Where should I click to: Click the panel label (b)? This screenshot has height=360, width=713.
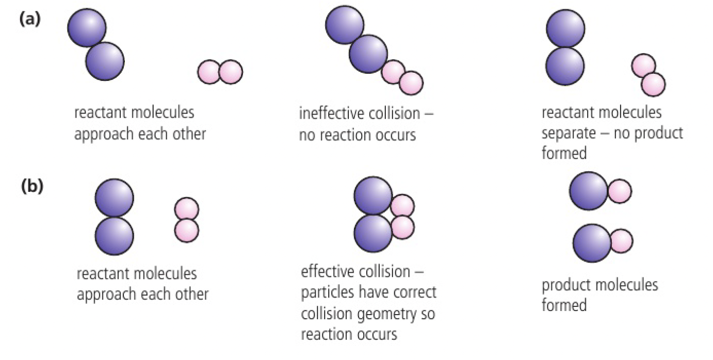pos(33,187)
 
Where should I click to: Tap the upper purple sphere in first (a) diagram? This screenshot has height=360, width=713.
pos(87,27)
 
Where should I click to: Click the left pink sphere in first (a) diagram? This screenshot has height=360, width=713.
pos(209,72)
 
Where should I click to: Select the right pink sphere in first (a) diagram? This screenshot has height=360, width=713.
pos(231,72)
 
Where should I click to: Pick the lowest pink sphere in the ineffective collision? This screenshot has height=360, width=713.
pos(411,83)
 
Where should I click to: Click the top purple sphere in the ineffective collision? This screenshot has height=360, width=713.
pos(345,25)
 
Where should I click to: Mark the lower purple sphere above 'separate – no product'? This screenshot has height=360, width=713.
pos(565,67)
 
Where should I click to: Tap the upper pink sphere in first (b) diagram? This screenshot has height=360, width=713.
pos(187,209)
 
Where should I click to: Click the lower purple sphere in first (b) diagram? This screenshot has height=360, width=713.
pos(115,236)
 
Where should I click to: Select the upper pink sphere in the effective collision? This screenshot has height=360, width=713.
pos(402,206)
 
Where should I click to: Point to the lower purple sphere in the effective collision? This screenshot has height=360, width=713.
pos(373,232)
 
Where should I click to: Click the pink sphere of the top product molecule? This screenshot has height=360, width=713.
pos(619,191)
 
